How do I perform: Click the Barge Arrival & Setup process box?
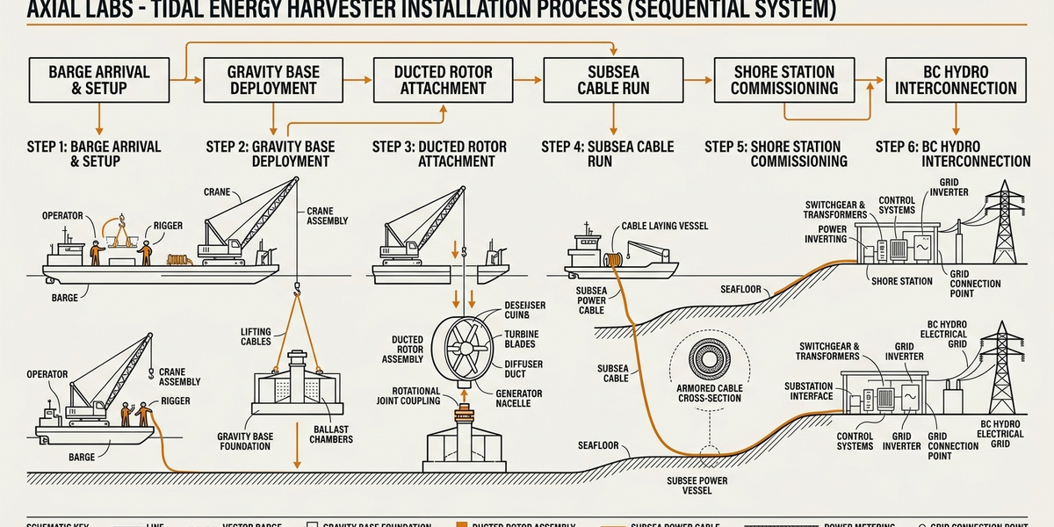100,80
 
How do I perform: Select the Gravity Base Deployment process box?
272,80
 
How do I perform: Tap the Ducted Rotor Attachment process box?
443,80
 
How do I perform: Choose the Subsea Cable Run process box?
613,80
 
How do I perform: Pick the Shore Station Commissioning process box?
784,80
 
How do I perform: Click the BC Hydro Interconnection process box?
955,80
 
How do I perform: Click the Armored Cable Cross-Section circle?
710,360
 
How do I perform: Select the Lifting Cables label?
256,336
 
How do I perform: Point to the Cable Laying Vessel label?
665,226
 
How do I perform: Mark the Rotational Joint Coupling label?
386,396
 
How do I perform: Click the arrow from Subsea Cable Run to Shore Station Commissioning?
698,80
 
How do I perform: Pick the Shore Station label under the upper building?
902,281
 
